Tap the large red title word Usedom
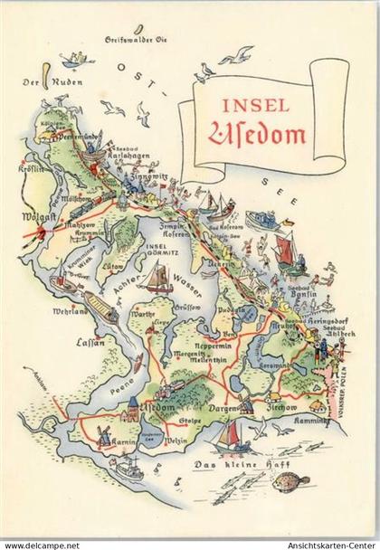259,136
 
